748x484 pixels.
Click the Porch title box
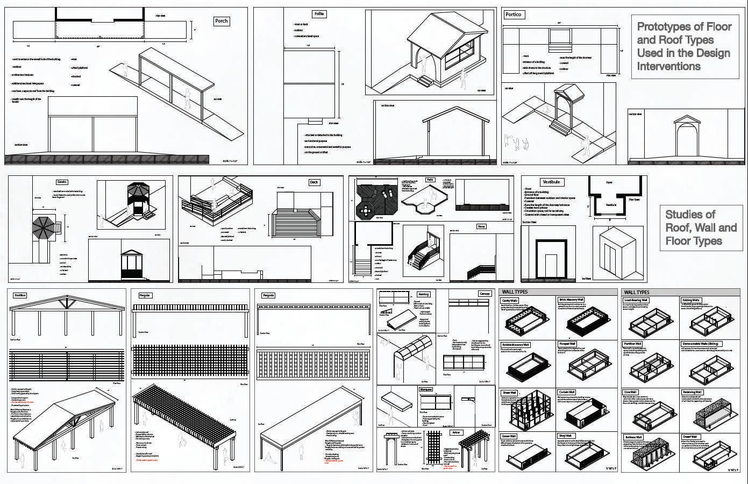pos(222,21)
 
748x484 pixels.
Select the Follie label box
pos(319,14)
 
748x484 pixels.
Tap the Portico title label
pos(514,15)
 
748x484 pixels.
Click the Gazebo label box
pos(62,182)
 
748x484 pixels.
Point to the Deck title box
pos(314,182)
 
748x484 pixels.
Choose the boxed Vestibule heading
pos(551,182)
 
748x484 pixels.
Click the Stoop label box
pos(481,226)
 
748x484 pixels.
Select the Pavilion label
pos(20,295)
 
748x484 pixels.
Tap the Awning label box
pos(424,294)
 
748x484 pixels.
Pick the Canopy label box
pos(485,294)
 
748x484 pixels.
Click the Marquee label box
pos(425,389)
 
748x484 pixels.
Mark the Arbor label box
pos(456,432)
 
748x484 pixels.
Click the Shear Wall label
pos(509,393)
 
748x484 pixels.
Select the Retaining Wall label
pos(692,393)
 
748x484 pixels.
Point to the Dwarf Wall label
pos(690,437)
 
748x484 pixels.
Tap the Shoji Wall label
pos(565,436)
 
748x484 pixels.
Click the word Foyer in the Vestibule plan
pos(609,182)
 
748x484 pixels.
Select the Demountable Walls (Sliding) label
pos(702,344)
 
